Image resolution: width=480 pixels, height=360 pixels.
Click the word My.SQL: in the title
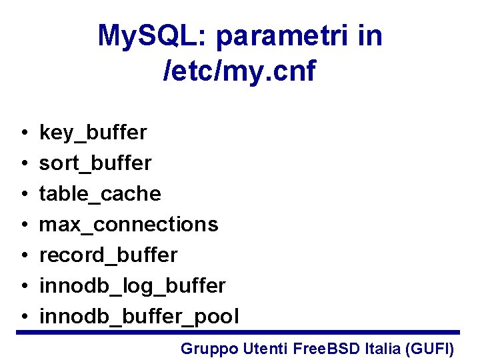(x=153, y=36)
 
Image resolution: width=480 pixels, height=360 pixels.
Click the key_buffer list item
(x=93, y=133)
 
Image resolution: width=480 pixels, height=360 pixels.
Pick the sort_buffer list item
(x=95, y=163)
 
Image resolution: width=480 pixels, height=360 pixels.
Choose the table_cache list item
(x=100, y=193)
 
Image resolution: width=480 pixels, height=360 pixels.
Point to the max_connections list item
(x=129, y=224)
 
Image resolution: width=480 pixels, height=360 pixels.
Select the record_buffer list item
(x=108, y=255)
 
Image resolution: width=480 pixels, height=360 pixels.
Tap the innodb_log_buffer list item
(x=132, y=285)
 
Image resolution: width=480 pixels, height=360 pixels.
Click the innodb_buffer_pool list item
(x=139, y=316)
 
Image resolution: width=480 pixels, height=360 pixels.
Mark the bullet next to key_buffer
(x=23, y=133)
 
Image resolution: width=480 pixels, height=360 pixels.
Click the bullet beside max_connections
(x=23, y=225)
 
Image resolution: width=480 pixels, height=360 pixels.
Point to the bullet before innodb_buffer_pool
(x=23, y=317)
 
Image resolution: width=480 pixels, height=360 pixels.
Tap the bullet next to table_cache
(x=23, y=194)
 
